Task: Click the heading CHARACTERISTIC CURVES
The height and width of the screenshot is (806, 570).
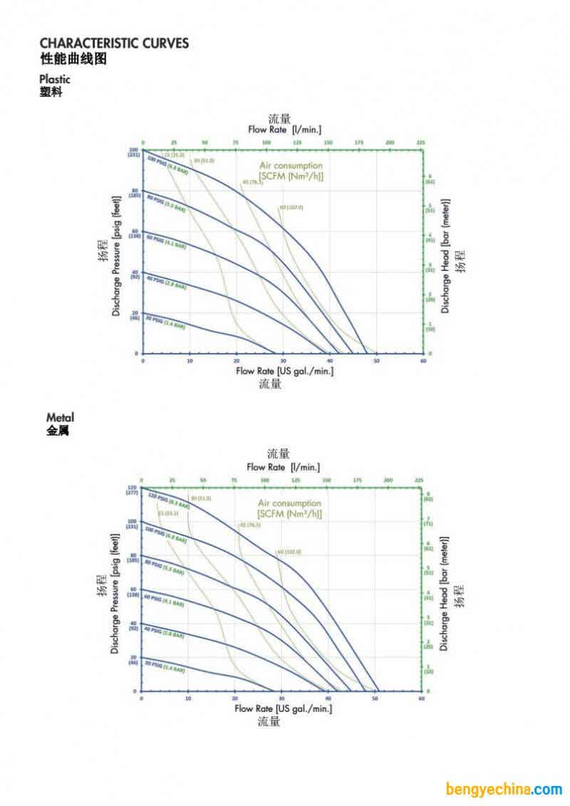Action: pyautogui.click(x=114, y=43)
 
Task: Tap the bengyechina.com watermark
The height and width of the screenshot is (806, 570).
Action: pyautogui.click(x=504, y=789)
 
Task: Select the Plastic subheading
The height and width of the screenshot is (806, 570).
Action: pyautogui.click(x=55, y=79)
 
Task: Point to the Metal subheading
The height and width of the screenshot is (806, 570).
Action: pyautogui.click(x=60, y=417)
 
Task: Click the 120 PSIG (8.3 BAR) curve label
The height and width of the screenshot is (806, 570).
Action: pyautogui.click(x=168, y=501)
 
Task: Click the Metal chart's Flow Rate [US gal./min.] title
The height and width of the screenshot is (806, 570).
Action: pyautogui.click(x=284, y=708)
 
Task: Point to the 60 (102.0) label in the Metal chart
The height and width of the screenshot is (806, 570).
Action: pyautogui.click(x=289, y=552)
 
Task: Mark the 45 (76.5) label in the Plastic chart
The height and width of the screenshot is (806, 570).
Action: pyautogui.click(x=253, y=182)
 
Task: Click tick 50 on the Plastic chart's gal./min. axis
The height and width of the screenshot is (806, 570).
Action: pyautogui.click(x=376, y=362)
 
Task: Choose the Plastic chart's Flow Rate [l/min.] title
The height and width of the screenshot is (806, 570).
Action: pyautogui.click(x=284, y=130)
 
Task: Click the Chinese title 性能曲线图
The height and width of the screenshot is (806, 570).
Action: pyautogui.click(x=73, y=59)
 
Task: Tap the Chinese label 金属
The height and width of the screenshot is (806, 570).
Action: pyautogui.click(x=58, y=431)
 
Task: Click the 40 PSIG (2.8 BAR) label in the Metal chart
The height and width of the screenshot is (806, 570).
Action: pyautogui.click(x=164, y=632)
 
